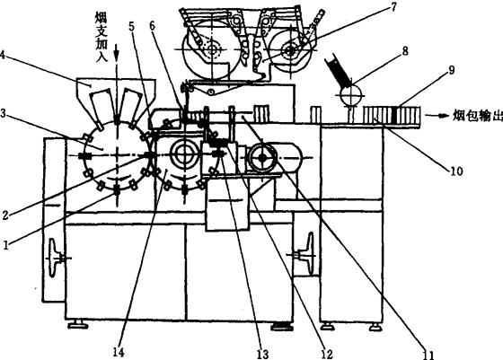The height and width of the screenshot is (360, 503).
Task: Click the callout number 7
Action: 393,6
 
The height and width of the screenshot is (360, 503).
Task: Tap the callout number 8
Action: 405,50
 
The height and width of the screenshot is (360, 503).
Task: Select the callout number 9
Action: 451,70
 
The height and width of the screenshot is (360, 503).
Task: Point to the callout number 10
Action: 457,171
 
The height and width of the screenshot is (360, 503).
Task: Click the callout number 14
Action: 119,352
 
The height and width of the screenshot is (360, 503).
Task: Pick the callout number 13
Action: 262,354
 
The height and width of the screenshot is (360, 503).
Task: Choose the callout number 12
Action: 327,354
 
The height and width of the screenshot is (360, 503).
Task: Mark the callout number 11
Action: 428,355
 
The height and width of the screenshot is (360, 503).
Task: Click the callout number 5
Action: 132,27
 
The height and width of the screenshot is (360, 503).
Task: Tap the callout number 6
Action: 152,26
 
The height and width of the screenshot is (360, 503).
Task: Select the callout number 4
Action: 2,55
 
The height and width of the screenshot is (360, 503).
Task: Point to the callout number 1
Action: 5,246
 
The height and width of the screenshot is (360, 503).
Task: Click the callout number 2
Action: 5,215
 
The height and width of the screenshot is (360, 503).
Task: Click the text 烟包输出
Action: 477,116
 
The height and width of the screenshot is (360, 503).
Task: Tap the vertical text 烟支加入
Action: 101,37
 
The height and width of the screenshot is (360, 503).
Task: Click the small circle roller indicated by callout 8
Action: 351,95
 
